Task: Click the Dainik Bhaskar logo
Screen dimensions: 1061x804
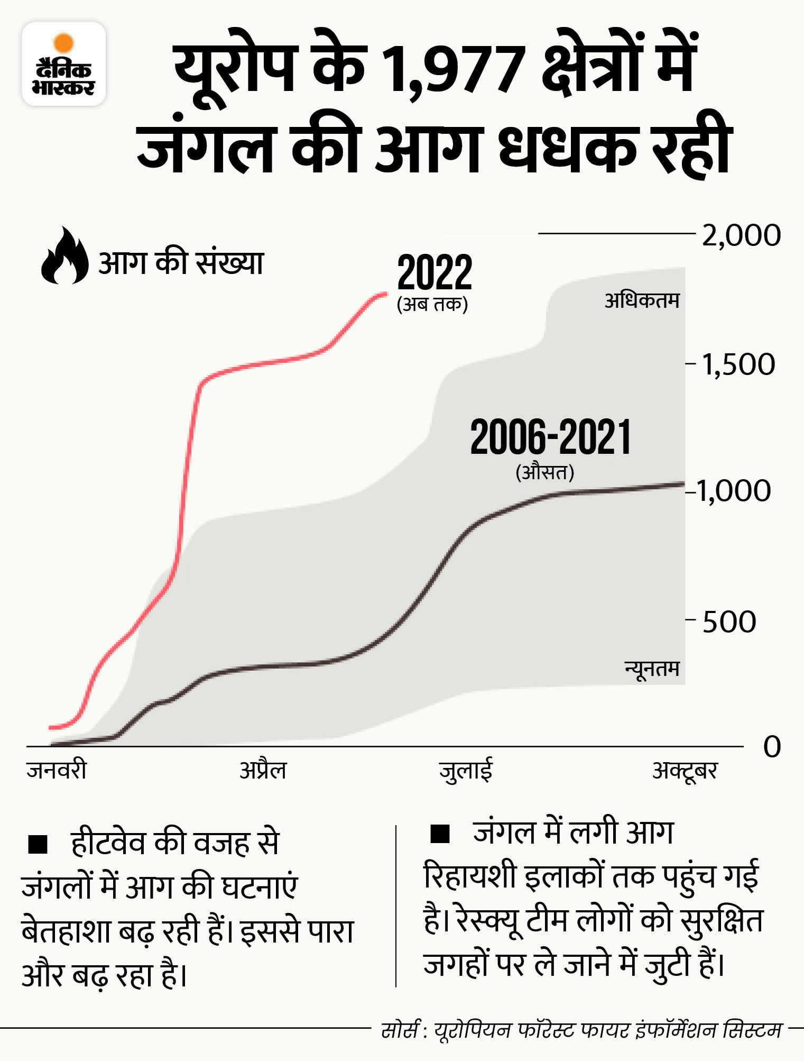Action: pos(63,64)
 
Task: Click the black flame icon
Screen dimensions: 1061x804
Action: pos(64,256)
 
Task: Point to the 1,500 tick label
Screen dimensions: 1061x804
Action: pos(738,364)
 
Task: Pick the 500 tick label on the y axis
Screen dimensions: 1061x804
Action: pos(729,622)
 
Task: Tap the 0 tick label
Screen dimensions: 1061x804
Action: pos(772,747)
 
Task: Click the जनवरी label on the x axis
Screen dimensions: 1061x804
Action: pos(57,770)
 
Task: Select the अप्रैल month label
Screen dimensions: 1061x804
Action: pos(263,770)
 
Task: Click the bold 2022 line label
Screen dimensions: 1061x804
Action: pos(434,273)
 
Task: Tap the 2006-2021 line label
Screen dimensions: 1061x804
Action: pos(550,437)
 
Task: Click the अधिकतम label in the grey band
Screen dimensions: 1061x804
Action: pos(642,301)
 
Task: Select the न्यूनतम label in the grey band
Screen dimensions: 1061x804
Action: pos(652,669)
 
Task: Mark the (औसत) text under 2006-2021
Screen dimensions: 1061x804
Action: pos(545,472)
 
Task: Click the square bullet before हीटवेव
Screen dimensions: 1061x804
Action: pos(38,844)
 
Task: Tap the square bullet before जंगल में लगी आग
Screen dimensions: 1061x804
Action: pos(440,834)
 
